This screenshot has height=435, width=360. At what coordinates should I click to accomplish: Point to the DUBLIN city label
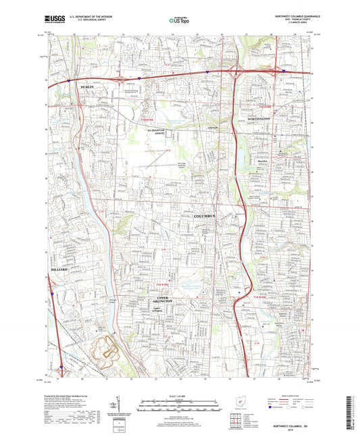pyautogui.click(x=86, y=88)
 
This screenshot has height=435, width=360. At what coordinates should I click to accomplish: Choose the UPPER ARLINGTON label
pyautogui.click(x=157, y=299)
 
